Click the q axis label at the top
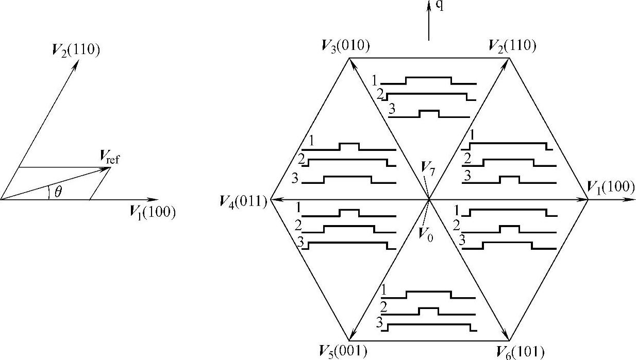[439, 6]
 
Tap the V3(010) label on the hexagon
[345, 46]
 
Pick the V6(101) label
[520, 352]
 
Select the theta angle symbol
[58, 192]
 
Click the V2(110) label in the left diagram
[75, 50]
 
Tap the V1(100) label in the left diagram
[153, 212]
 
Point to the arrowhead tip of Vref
[110, 167]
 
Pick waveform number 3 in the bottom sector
[379, 324]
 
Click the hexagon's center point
[429, 199]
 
